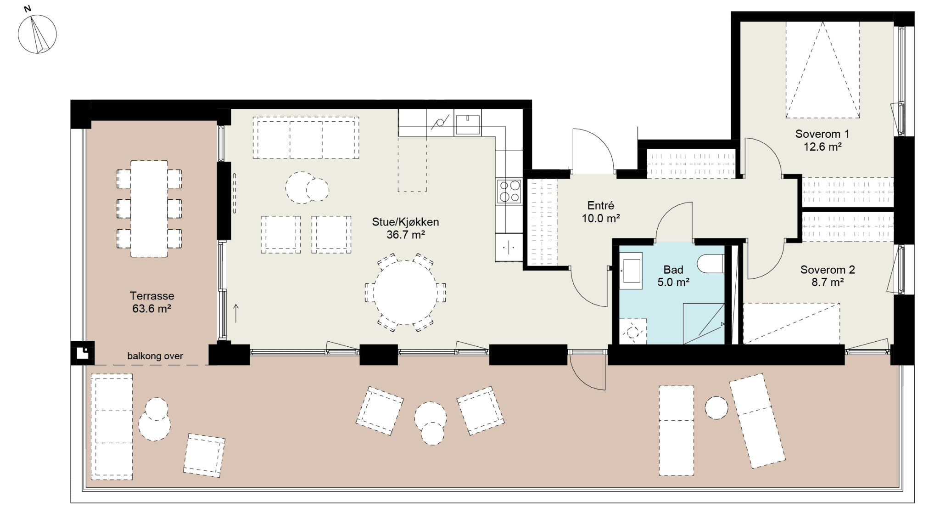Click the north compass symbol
click(37, 34)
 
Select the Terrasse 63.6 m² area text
click(152, 302)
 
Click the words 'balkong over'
click(155, 356)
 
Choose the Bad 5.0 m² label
click(673, 276)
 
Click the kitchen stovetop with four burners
click(509, 191)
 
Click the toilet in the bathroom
click(711, 264)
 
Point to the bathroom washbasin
click(630, 271)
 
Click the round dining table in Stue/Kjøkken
click(405, 292)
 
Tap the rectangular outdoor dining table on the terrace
click(149, 209)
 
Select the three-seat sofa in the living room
click(306, 138)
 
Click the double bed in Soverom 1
click(822, 69)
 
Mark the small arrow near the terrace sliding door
click(236, 313)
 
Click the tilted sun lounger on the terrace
click(757, 421)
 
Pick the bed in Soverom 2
click(791, 323)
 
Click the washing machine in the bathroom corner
click(633, 331)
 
